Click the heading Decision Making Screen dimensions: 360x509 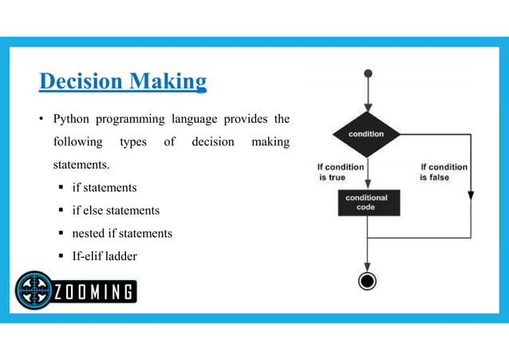click(x=123, y=81)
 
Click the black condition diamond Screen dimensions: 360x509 click(x=366, y=134)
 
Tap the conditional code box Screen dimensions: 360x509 click(x=366, y=203)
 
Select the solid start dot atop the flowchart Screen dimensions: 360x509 click(x=367, y=73)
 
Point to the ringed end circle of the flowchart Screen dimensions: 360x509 click(x=367, y=281)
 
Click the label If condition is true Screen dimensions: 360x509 click(x=341, y=172)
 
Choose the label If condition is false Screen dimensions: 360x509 click(x=444, y=172)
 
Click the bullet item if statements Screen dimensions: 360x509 click(x=104, y=188)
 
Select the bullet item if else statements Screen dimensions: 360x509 click(x=116, y=211)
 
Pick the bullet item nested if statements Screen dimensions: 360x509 click(x=122, y=234)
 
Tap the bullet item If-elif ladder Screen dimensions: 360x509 click(x=104, y=257)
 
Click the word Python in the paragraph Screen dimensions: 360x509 click(x=70, y=120)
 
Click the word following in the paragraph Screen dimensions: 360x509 click(x=77, y=143)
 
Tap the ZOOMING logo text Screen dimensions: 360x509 click(x=94, y=291)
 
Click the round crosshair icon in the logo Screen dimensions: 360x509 click(x=34, y=291)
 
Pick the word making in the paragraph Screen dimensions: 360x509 click(x=270, y=143)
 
